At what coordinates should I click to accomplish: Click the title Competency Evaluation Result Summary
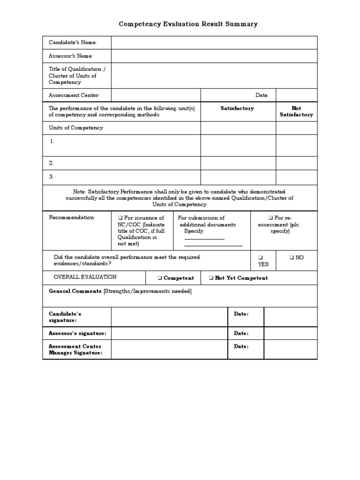188,24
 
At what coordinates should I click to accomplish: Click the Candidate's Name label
73,43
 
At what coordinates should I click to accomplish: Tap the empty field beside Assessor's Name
214,56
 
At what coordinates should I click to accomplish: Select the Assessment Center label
74,95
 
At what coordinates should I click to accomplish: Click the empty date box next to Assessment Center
296,95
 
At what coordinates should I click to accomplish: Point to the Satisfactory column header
237,108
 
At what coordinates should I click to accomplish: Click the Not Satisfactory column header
296,112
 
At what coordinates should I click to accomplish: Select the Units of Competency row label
76,127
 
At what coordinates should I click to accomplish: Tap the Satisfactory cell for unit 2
238,163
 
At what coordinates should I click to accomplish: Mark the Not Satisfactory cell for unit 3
296,177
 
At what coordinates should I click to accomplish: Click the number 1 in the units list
52,141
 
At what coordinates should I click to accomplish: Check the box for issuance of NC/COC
120,218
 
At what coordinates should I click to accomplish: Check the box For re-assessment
270,218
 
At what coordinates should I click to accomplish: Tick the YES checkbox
261,258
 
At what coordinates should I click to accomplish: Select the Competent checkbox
160,278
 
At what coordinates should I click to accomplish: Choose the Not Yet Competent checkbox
211,278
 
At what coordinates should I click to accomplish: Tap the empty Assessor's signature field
169,333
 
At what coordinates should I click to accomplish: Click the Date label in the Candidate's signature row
241,314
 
